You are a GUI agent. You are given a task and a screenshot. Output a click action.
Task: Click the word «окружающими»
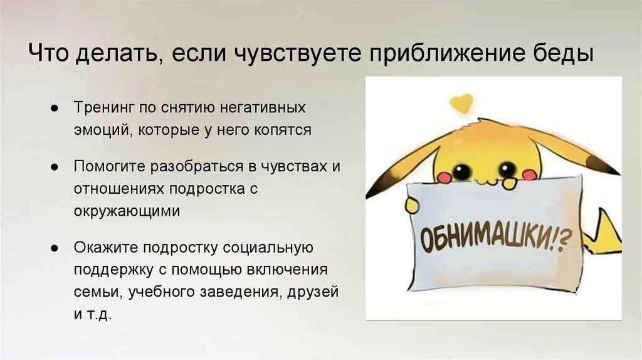pyautogui.click(x=127, y=211)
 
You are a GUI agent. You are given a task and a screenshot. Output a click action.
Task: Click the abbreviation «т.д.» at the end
pyautogui.click(x=100, y=315)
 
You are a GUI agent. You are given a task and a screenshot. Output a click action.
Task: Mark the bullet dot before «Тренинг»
pyautogui.click(x=55, y=109)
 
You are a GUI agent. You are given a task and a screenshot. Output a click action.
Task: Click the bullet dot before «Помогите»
pyautogui.click(x=55, y=167)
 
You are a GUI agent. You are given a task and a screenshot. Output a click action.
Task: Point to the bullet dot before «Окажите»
pyautogui.click(x=55, y=248)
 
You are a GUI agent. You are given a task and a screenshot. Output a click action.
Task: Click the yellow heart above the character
pyautogui.click(x=462, y=103)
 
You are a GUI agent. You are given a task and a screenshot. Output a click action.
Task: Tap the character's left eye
pyautogui.click(x=463, y=170)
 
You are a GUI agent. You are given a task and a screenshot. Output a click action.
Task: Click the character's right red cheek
pyautogui.click(x=529, y=175)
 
